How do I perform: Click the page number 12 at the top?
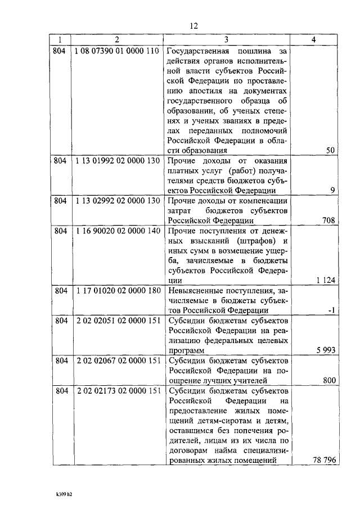point(194,26)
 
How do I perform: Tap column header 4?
point(313,39)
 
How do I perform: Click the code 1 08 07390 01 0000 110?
point(116,51)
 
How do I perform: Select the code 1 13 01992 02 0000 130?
point(116,160)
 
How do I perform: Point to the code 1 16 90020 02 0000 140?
point(116,231)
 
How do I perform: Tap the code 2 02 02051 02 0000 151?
point(116,321)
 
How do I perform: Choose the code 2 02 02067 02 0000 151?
point(116,361)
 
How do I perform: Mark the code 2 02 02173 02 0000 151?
point(116,391)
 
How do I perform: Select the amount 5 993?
point(326,350)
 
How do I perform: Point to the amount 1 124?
point(326,280)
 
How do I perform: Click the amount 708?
point(329,220)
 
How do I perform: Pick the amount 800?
point(330,380)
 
